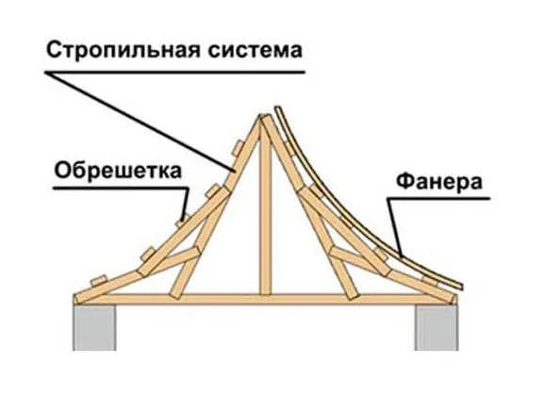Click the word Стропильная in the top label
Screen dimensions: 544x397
click(124, 51)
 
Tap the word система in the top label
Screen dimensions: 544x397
click(255, 51)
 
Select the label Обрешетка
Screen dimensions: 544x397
click(118, 170)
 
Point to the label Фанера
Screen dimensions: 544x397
click(439, 182)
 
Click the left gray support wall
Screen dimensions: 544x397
click(94, 327)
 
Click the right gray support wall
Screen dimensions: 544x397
click(437, 327)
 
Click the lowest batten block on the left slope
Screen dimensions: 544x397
click(99, 280)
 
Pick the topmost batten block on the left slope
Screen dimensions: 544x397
click(239, 147)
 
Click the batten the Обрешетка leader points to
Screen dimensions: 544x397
click(182, 221)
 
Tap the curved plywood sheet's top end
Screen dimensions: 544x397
click(277, 108)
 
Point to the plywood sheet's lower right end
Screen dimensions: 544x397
click(461, 286)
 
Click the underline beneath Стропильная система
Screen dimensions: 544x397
click(174, 73)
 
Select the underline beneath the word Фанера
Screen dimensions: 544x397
click(439, 198)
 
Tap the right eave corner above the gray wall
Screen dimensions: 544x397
click(453, 298)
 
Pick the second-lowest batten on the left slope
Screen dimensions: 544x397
click(148, 254)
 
